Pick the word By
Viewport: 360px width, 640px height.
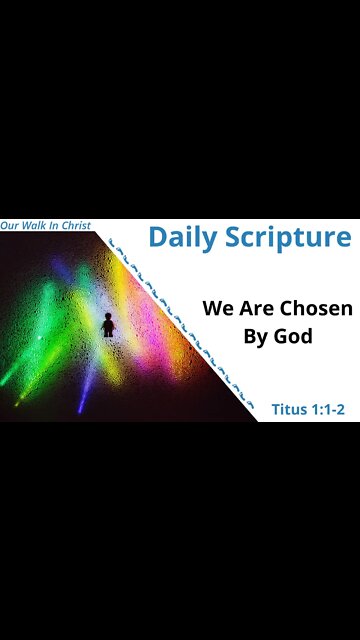(x=258, y=337)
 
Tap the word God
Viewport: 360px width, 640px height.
(x=296, y=336)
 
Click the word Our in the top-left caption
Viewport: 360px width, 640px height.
(x=11, y=226)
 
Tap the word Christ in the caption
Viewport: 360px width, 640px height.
(x=76, y=226)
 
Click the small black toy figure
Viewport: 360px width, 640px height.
(x=108, y=325)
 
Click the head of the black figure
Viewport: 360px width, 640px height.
(x=108, y=316)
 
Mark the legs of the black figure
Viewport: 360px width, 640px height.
(x=108, y=332)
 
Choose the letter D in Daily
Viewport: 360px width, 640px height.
(x=158, y=238)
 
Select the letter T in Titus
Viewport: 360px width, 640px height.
(x=276, y=410)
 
